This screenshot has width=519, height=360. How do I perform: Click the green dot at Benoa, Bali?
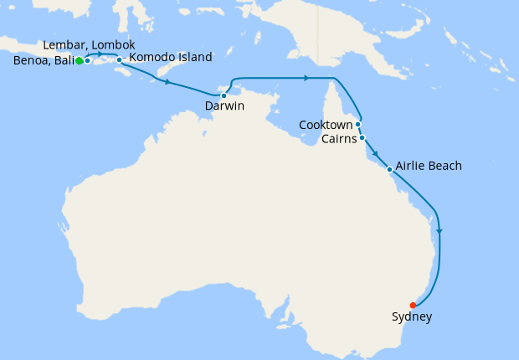coord(79,61)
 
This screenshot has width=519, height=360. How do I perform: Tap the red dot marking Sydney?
coord(413,305)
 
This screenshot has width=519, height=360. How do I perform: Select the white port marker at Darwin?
coord(224,95)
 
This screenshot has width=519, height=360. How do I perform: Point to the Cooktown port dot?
coord(357,124)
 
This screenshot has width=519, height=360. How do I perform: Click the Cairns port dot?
coord(362,137)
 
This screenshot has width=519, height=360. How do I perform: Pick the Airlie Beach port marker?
coord(389,169)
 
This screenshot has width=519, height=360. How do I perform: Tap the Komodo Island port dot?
coord(120,59)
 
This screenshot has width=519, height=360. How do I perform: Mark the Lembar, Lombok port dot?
coord(87,60)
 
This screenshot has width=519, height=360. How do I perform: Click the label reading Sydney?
coord(412,317)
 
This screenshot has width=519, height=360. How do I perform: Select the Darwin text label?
coord(224,107)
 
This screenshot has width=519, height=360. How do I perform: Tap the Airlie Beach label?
coord(429,166)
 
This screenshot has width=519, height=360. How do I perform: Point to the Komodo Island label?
coord(170,57)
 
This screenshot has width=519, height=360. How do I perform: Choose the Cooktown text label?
coord(326,125)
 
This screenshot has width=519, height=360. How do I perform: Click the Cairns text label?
coord(339,139)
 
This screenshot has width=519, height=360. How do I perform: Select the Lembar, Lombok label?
coord(88,45)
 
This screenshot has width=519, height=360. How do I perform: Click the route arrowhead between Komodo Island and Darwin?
coord(168,83)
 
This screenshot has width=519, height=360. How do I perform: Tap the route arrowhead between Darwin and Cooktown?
coord(306,79)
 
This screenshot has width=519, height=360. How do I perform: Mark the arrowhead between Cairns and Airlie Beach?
coord(376,155)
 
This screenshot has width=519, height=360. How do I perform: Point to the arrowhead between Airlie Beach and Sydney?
coord(439,231)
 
